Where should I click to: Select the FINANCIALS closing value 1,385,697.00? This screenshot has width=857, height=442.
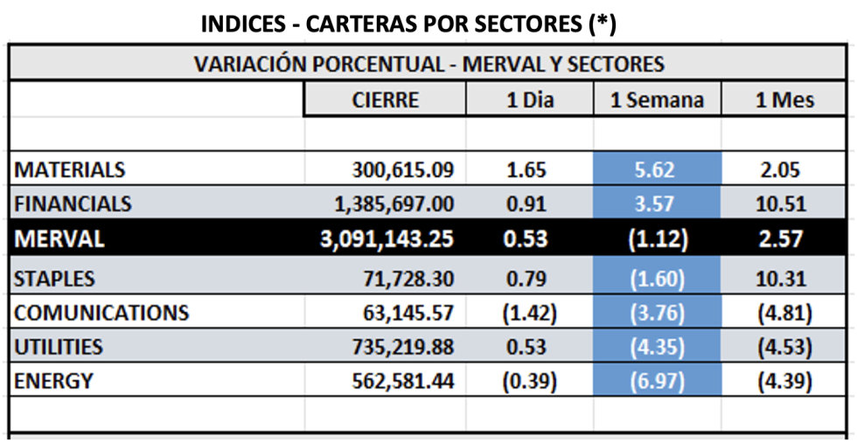(394, 204)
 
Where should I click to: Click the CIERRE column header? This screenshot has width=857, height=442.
(386, 100)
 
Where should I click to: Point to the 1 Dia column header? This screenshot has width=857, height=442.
(530, 100)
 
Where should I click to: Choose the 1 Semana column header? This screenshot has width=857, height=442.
(658, 100)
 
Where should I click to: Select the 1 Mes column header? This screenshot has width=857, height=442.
(785, 100)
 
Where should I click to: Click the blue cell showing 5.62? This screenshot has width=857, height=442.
(658, 169)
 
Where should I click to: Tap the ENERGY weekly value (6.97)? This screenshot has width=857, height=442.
(658, 382)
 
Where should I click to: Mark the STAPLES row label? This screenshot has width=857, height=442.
(55, 280)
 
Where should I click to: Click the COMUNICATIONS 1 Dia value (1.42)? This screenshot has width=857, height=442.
(530, 313)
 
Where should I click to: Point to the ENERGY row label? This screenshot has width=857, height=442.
(53, 382)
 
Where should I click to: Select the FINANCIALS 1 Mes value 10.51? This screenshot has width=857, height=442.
(785, 204)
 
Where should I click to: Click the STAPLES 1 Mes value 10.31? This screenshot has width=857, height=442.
(785, 280)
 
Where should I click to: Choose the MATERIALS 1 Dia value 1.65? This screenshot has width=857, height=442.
(530, 169)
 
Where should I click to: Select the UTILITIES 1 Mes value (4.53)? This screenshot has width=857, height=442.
(785, 348)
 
